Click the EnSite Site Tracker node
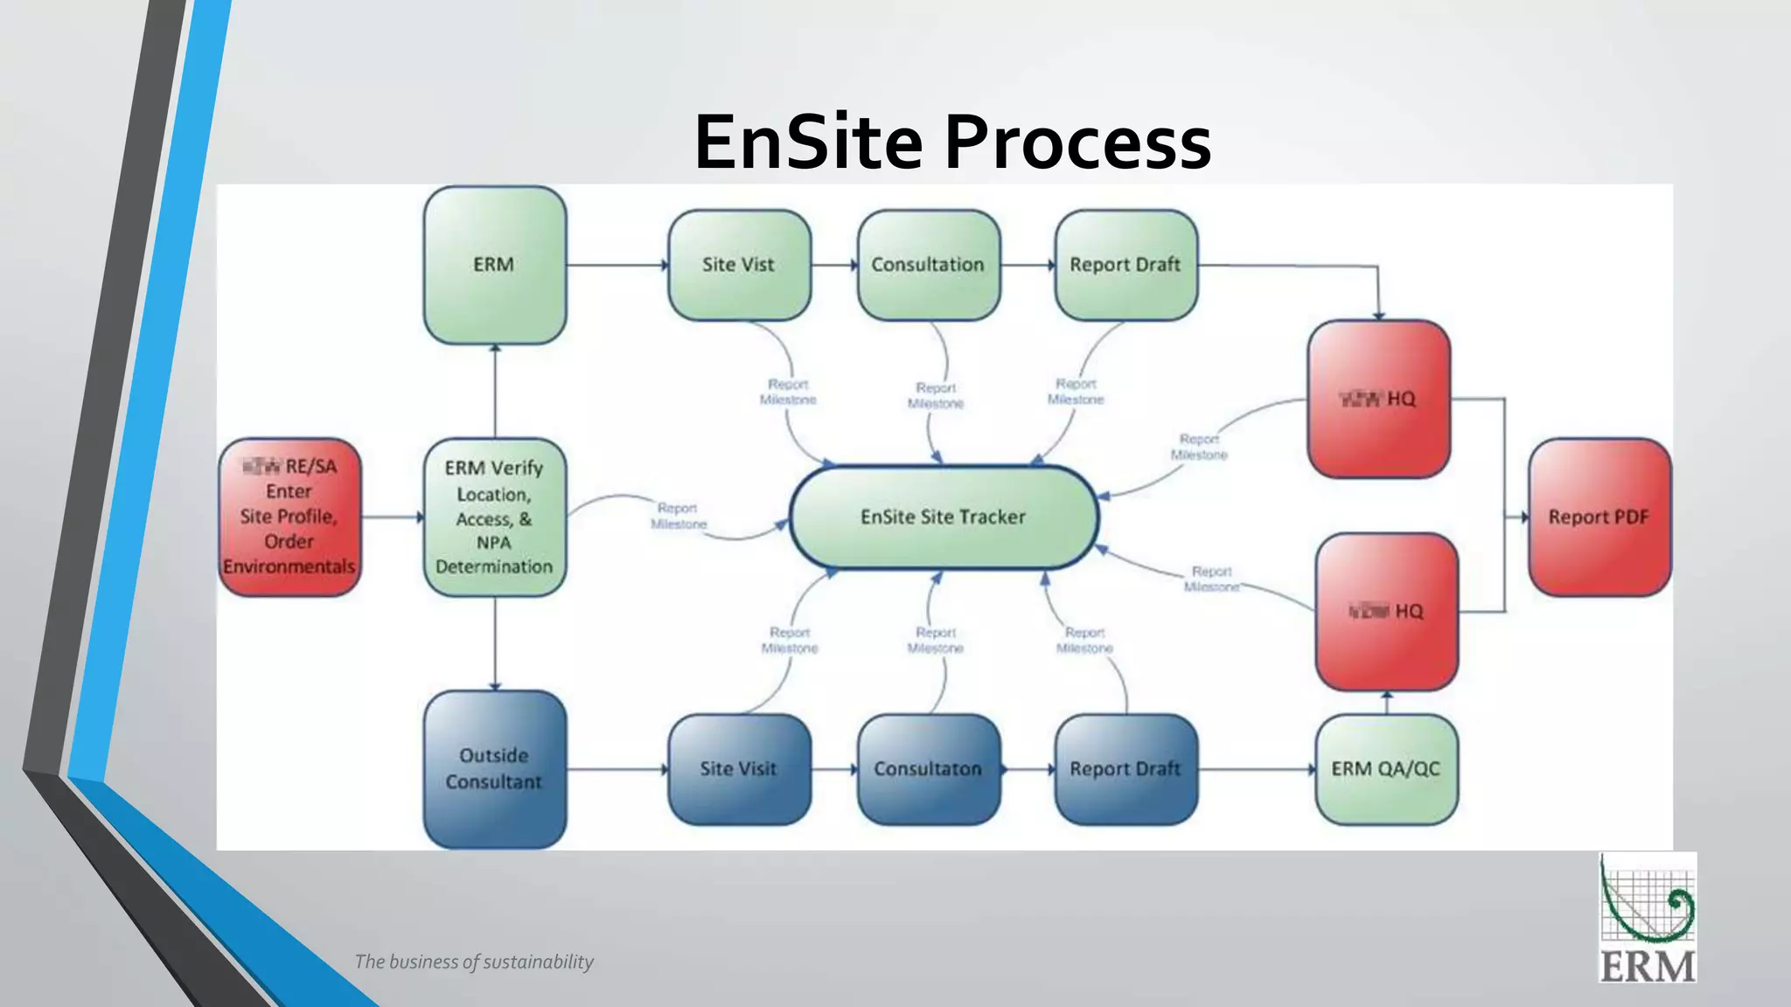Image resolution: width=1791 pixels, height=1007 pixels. tap(943, 517)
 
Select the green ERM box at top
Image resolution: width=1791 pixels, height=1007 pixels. tap(494, 265)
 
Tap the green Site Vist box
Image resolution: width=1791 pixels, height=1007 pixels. tap(739, 265)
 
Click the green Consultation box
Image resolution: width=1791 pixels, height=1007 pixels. tap(928, 265)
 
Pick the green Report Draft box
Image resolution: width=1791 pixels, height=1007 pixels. tap(1125, 265)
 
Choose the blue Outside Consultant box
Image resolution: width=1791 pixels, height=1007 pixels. tap(494, 768)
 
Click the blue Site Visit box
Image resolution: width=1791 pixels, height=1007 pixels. tap(739, 768)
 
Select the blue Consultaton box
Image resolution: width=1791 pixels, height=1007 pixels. tap(928, 768)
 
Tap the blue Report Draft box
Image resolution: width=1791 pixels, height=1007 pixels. tap(1125, 768)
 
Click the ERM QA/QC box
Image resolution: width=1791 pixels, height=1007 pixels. tap(1386, 768)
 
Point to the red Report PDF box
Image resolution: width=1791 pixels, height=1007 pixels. tap(1599, 517)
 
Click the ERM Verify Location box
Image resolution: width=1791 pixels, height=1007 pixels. tap(494, 517)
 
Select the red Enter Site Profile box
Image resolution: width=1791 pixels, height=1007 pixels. tap(289, 517)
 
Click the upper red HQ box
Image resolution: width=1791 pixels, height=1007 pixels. tap(1378, 399)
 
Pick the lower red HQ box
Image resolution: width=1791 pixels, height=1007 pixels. tap(1386, 611)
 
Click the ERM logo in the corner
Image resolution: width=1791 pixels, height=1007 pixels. tap(1648, 917)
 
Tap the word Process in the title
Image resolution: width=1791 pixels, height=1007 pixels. tap(1077, 142)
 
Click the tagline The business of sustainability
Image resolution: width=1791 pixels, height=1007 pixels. tap(474, 962)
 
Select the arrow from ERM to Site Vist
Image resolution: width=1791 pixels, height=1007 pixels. tap(617, 265)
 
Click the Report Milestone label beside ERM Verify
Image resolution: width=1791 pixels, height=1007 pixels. tap(678, 516)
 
